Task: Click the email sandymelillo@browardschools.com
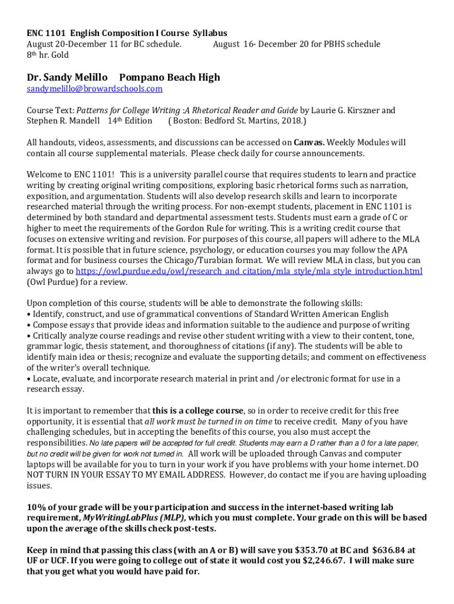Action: pyautogui.click(x=94, y=89)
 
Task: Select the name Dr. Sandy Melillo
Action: pyautogui.click(x=67, y=77)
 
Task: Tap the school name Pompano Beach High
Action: pyautogui.click(x=169, y=77)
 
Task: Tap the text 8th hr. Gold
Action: pyautogui.click(x=48, y=55)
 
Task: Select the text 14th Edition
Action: pyautogui.click(x=130, y=122)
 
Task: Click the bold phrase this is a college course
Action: pyautogui.click(x=198, y=411)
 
